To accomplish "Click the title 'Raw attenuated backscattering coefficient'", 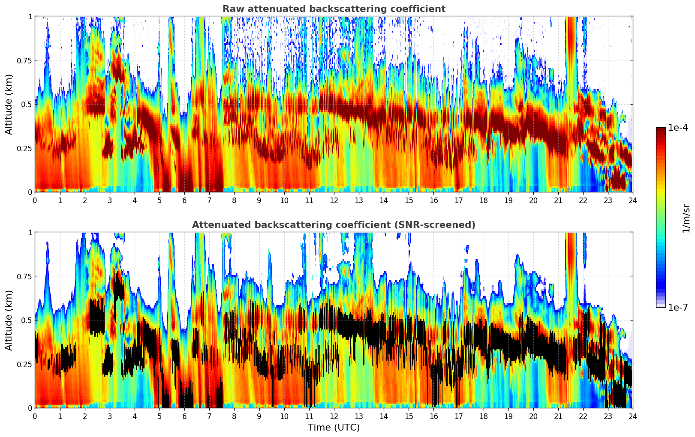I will click(x=334, y=9).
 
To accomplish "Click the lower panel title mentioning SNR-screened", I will click(x=334, y=225).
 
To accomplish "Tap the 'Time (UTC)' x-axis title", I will click(x=334, y=428).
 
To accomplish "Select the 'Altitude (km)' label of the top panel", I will click(x=9, y=104).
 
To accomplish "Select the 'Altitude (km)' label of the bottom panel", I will click(x=9, y=320).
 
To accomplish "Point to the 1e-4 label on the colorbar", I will click(x=678, y=128).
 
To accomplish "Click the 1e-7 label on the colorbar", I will click(x=678, y=307).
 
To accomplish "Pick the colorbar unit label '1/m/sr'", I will click(x=686, y=218).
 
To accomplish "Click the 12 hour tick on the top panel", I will click(x=334, y=200).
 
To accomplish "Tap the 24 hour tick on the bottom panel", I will click(x=632, y=416).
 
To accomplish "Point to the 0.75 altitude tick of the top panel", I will click(x=24, y=60).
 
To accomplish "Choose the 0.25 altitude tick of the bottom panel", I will click(x=24, y=364).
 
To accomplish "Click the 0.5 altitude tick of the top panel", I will click(x=27, y=104).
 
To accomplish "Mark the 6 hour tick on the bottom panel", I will click(x=184, y=416).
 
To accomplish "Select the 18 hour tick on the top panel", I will click(x=483, y=200).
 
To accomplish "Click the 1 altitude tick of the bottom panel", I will click(x=30, y=233).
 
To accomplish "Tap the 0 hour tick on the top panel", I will click(x=35, y=200).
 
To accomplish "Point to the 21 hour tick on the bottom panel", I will click(x=558, y=416).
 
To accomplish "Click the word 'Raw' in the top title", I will click(x=231, y=9).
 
